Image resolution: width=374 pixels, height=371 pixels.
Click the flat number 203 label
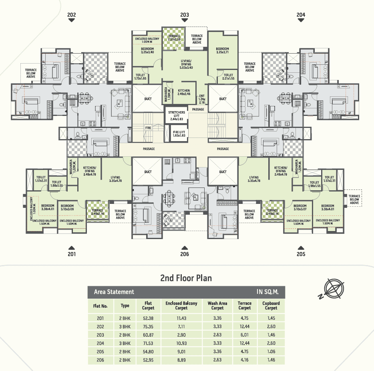[x=184, y=15]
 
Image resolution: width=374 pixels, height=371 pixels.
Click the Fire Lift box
[x=177, y=134]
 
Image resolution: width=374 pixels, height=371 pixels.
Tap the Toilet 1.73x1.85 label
[x=140, y=77]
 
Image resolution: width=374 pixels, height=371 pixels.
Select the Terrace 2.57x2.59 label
[x=174, y=38]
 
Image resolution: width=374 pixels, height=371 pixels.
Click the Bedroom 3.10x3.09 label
[x=67, y=207]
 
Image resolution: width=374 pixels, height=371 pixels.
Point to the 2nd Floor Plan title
[x=186, y=277]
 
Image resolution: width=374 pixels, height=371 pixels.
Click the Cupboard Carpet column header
[x=271, y=305]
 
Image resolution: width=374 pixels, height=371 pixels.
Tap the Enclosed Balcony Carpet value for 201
[x=181, y=319]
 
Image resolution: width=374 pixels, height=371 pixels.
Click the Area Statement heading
[x=114, y=292]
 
